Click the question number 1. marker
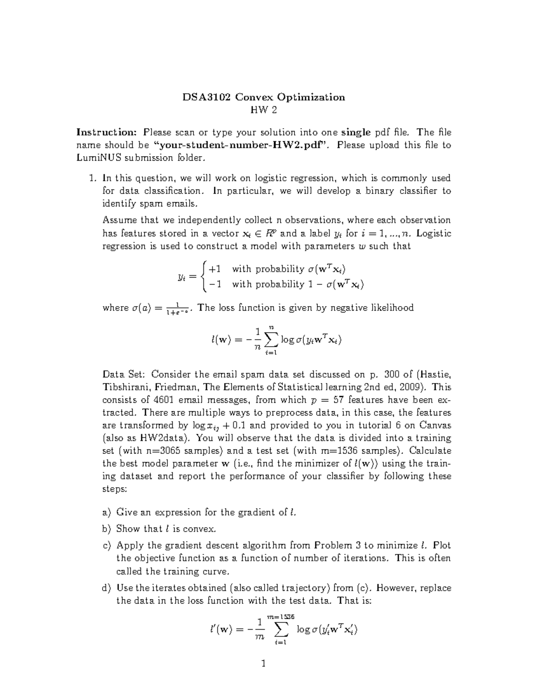[92, 178]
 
